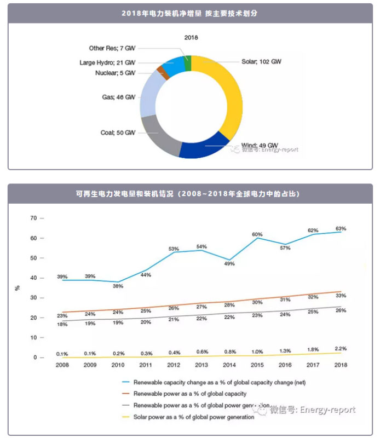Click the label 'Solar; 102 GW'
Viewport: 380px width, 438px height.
(x=261, y=62)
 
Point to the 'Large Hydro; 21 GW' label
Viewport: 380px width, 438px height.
(x=107, y=62)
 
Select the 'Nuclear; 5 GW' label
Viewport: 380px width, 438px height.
(x=116, y=73)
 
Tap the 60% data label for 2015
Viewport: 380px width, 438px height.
(x=257, y=234)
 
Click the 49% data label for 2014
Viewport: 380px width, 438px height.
(x=229, y=264)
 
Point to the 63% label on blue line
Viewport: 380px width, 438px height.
(x=341, y=228)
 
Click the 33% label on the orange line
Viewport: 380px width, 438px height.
(x=341, y=296)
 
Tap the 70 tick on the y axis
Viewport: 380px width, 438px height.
(x=33, y=218)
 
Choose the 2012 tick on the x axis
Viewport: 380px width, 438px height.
(x=174, y=365)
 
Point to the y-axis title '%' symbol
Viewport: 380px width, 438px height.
(x=18, y=287)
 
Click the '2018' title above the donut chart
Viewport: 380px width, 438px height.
(x=191, y=38)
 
